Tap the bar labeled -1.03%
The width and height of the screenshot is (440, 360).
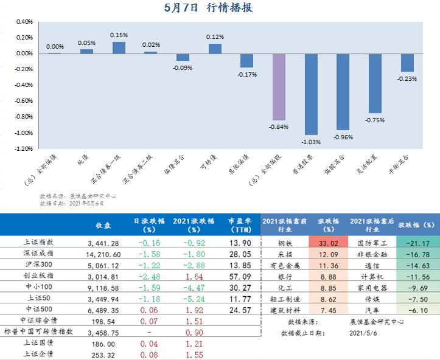pyautogui.click(x=311, y=94)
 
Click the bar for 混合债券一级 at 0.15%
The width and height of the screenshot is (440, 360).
pyautogui.click(x=119, y=47)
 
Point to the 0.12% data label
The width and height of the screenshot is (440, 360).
pyautogui.click(x=215, y=37)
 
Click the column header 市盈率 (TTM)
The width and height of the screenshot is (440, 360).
pyautogui.click(x=240, y=226)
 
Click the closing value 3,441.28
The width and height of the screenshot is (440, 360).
pyautogui.click(x=104, y=243)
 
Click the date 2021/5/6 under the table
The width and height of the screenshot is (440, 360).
pyautogui.click(x=363, y=333)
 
